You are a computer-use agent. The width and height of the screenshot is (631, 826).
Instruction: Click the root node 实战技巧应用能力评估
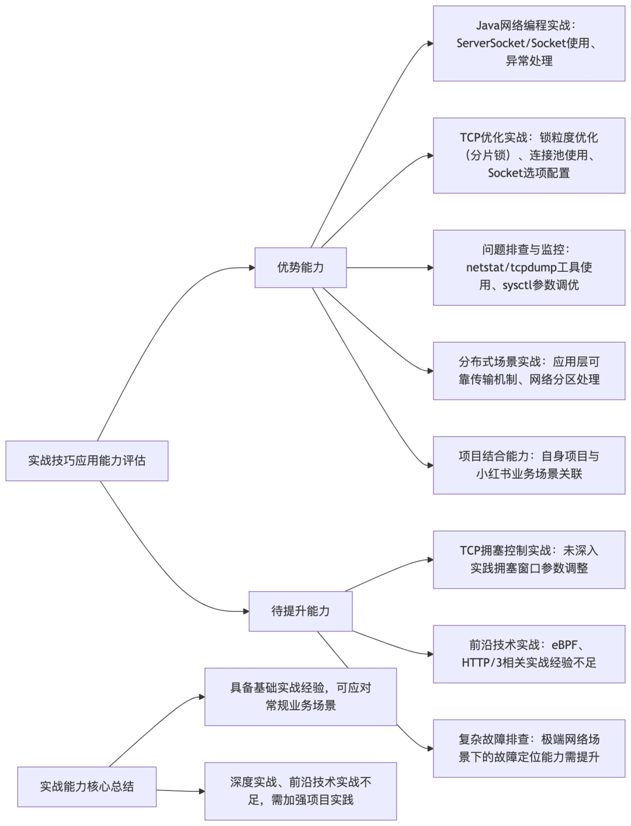pyautogui.click(x=86, y=461)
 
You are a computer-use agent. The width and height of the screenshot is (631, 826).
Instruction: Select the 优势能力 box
pyautogui.click(x=300, y=268)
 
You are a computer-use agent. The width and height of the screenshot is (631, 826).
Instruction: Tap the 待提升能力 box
pyautogui.click(x=300, y=611)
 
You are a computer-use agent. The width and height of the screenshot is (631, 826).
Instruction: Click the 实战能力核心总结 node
pyautogui.click(x=86, y=787)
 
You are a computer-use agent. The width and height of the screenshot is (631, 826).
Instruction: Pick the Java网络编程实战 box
pyautogui.click(x=529, y=43)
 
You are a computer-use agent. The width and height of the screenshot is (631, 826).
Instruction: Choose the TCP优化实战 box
pyautogui.click(x=529, y=155)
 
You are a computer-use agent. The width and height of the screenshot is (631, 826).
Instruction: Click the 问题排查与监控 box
pyautogui.click(x=529, y=268)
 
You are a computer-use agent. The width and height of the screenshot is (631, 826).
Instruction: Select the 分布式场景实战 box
pyautogui.click(x=529, y=371)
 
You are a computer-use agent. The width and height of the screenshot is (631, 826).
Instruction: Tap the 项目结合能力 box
pyautogui.click(x=529, y=465)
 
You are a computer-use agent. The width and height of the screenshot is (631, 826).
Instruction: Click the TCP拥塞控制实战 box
pyautogui.click(x=529, y=559)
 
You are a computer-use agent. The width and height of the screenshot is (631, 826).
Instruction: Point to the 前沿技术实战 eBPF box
pyautogui.click(x=529, y=654)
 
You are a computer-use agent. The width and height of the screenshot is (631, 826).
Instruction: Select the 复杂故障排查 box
pyautogui.click(x=529, y=748)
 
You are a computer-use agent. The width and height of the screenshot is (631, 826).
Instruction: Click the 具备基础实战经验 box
pyautogui.click(x=300, y=697)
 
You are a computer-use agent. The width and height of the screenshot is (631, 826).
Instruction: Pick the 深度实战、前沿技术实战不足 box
pyautogui.click(x=300, y=791)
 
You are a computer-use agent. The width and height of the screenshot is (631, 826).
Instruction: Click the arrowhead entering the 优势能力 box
pyautogui.click(x=252, y=268)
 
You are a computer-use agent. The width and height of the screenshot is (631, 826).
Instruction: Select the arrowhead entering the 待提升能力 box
pyautogui.click(x=246, y=611)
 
